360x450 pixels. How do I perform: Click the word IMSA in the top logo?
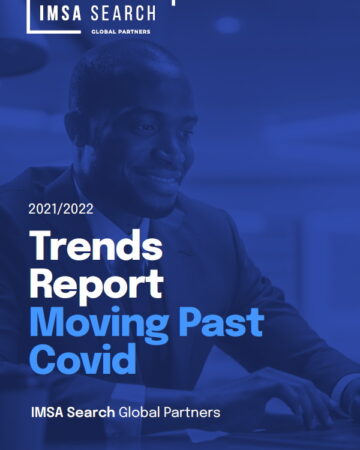pos(60,14)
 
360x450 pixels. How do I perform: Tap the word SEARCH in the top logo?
pos(123,14)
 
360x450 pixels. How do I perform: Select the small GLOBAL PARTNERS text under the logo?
pos(121,32)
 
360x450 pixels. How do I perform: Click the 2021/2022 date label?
pos(61,209)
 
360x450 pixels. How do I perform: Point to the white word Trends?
pos(96,245)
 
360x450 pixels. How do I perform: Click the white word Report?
pos(97,284)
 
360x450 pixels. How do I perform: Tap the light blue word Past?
pos(221,322)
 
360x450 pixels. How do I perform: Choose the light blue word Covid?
pos(83,359)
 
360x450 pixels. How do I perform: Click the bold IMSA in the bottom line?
pos(47,412)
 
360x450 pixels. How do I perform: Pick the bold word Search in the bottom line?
pos(91,412)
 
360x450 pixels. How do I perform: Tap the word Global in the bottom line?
pos(140,412)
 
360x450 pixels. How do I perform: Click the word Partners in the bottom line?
pos(192,412)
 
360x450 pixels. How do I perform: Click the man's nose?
pos(168,150)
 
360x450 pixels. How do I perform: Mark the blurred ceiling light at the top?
pos(228,25)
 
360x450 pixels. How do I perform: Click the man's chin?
pos(160,200)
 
